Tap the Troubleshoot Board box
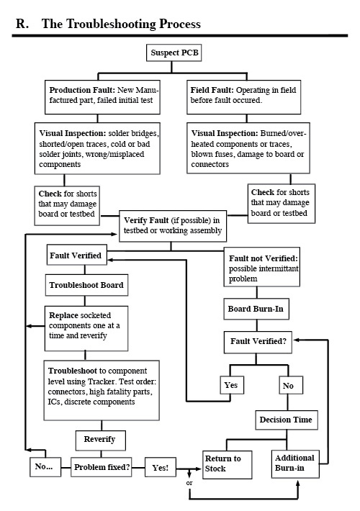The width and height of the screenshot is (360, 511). pyautogui.click(x=86, y=285)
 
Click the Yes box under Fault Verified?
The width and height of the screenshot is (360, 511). pyautogui.click(x=230, y=385)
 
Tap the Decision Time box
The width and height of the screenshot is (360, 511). pyautogui.click(x=287, y=419)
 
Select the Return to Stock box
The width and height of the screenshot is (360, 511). pyautogui.click(x=226, y=463)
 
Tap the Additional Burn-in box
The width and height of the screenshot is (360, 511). pyautogui.click(x=295, y=463)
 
